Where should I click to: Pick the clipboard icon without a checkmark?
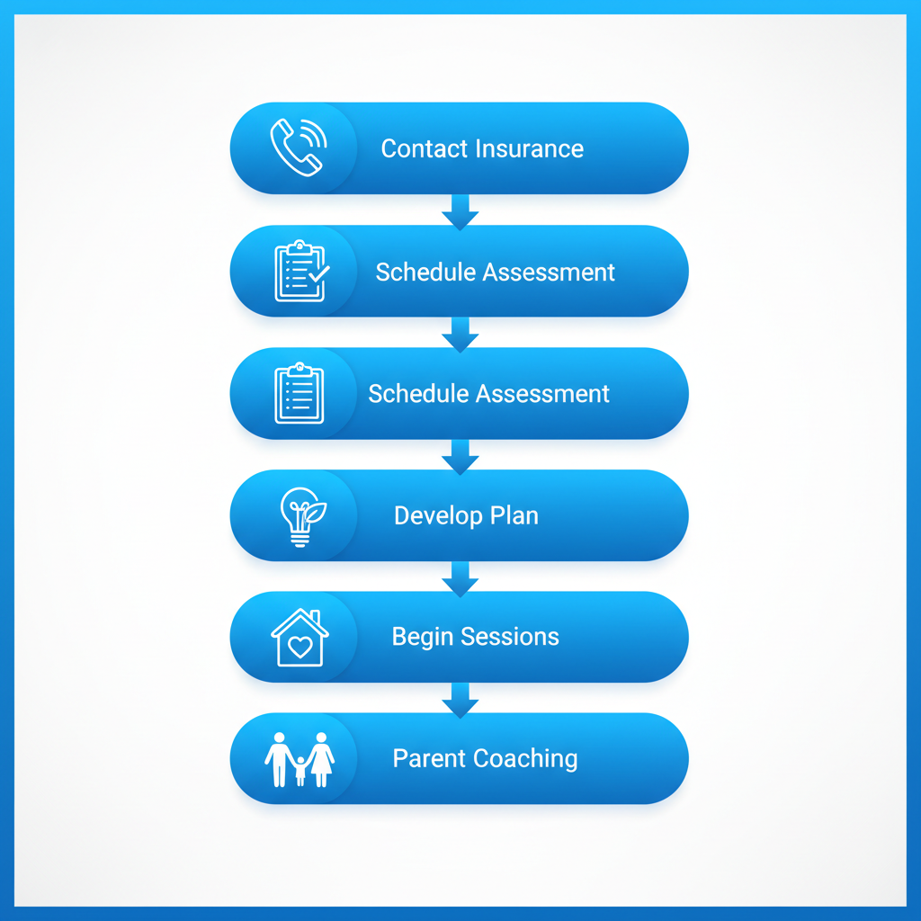299,393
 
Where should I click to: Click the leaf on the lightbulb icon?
316,513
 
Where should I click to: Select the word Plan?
514,515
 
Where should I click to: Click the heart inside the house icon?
300,647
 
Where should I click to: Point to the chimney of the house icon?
316,617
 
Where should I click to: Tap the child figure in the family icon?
300,771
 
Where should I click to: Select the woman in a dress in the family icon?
321,759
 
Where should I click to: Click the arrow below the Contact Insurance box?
460,212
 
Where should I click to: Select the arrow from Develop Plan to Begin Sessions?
460,579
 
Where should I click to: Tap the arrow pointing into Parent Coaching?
460,700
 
